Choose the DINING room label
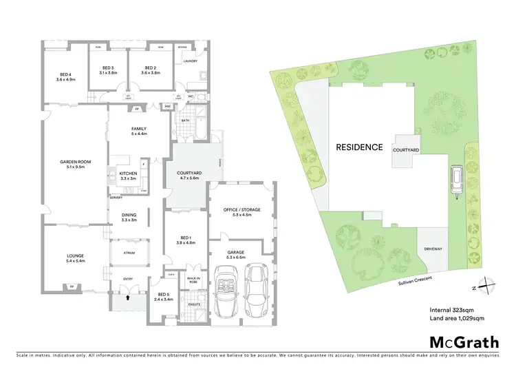129,215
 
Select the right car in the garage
256,289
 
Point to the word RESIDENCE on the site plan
358,147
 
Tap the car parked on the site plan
456,180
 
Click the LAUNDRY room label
191,61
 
